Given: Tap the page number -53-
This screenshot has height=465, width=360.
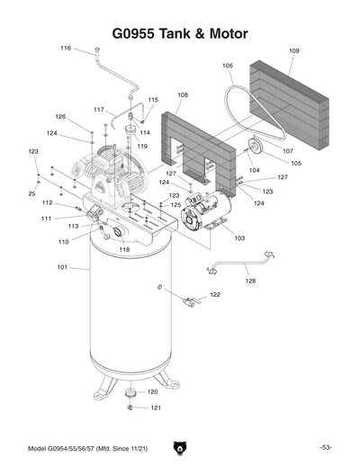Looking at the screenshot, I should click(x=326, y=447).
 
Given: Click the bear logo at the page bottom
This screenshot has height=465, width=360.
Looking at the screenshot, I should click(x=180, y=446).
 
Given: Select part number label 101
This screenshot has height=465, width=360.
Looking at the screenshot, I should click(x=62, y=267).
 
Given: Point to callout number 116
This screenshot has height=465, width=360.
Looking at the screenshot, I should click(x=66, y=48).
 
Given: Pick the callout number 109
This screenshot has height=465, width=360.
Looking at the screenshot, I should click(x=294, y=51).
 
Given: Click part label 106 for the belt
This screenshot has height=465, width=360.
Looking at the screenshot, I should click(x=227, y=66).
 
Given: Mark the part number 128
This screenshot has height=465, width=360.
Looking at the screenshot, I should click(x=250, y=282).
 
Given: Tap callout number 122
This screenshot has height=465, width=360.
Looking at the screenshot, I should click(x=215, y=295).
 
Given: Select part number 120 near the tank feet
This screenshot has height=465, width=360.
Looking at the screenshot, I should click(x=153, y=392).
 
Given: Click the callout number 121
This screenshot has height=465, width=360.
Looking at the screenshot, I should click(x=155, y=408).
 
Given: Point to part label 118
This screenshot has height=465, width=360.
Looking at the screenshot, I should click(x=124, y=249).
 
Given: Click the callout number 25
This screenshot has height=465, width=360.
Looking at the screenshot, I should click(x=31, y=193).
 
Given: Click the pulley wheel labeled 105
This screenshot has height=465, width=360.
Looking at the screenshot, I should click(x=255, y=148).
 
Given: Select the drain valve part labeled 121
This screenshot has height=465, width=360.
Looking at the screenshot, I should click(x=130, y=407).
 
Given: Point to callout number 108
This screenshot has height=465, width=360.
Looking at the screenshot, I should click(x=183, y=94).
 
